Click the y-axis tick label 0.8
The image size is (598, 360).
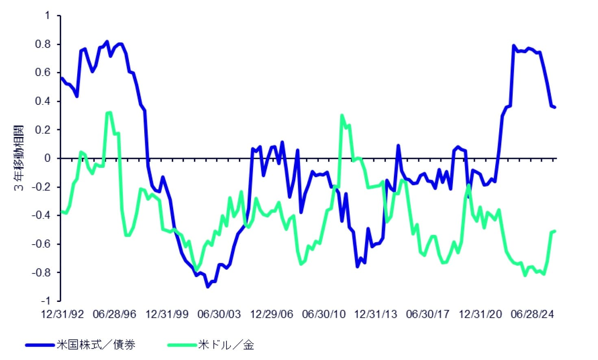pos(43,44)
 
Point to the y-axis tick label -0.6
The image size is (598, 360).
pos(41,244)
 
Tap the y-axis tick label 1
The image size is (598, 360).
pos(47,15)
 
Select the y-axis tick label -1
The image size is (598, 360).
pos(46,301)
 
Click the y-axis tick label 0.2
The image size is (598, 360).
pos(43,130)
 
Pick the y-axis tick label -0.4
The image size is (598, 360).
pos(41,215)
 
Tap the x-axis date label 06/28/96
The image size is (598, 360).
pos(115,314)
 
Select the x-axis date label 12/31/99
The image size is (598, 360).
pos(167,314)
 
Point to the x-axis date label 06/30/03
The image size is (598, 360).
pos(219,314)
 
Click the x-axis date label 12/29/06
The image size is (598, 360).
pos(272,314)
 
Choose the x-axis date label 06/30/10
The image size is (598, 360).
pos(324,314)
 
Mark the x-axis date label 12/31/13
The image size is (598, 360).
pos(376,314)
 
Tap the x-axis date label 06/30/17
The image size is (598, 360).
pos(428,314)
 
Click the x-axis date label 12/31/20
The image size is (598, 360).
pos(480,314)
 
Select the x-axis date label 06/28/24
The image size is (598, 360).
pos(533,314)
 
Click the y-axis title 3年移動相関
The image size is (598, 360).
pos(19,158)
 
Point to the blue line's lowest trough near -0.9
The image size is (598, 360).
pos(208,286)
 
